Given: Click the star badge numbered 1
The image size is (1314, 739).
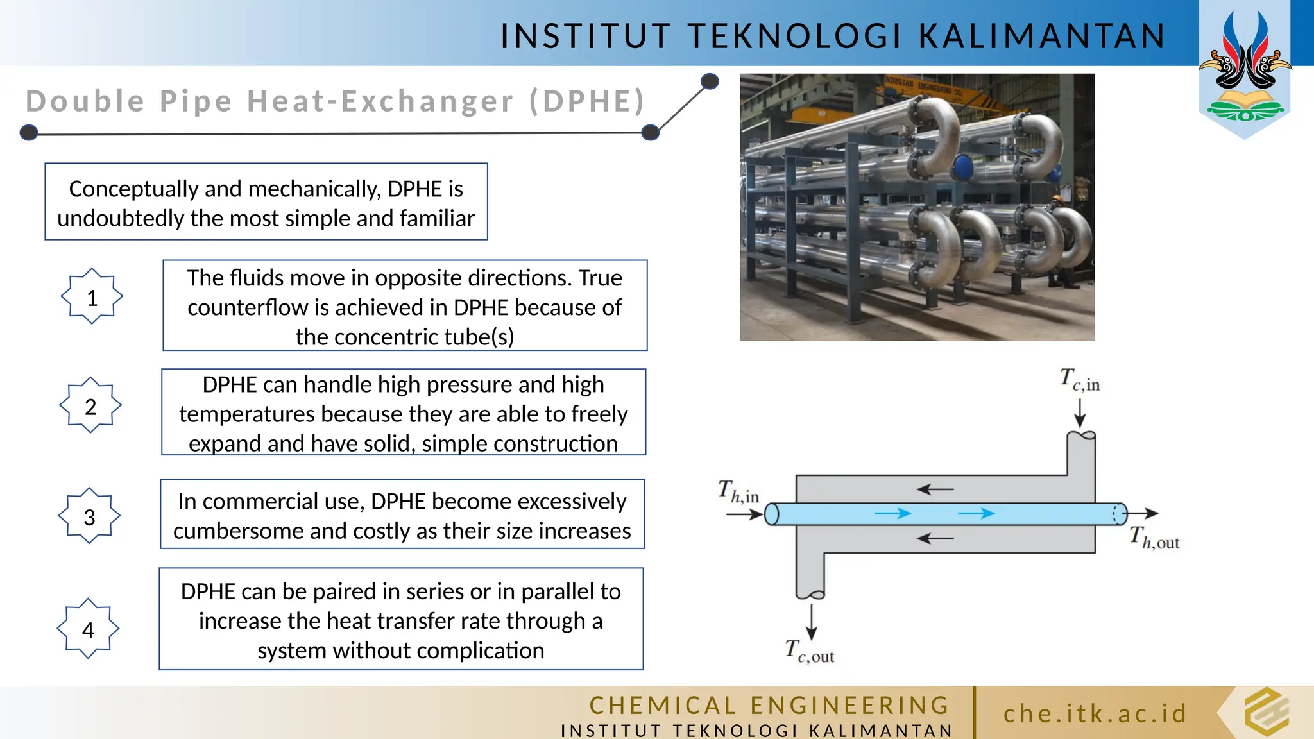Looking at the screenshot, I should [x=92, y=296].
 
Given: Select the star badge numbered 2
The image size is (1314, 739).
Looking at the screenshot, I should [x=90, y=405].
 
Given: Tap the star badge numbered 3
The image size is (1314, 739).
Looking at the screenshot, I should [x=89, y=516].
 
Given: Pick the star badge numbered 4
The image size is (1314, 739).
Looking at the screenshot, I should [x=88, y=629].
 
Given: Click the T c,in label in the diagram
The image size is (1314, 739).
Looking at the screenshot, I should [x=1080, y=380].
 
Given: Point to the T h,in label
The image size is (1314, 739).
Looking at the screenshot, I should [x=738, y=492].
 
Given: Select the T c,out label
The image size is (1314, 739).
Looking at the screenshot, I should [x=810, y=651].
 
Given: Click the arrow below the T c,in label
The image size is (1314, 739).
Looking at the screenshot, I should [x=1080, y=412].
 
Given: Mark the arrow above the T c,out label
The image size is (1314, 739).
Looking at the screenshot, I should [x=812, y=622].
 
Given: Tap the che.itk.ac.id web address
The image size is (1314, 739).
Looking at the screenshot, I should [x=1095, y=713].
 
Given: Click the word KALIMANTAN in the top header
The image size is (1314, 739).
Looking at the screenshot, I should [x=1042, y=36].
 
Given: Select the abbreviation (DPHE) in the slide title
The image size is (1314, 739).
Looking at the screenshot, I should [x=587, y=101].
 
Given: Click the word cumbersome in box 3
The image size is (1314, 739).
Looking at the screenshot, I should [x=247, y=531].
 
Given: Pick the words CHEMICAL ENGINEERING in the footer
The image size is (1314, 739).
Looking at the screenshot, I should [x=769, y=706].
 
